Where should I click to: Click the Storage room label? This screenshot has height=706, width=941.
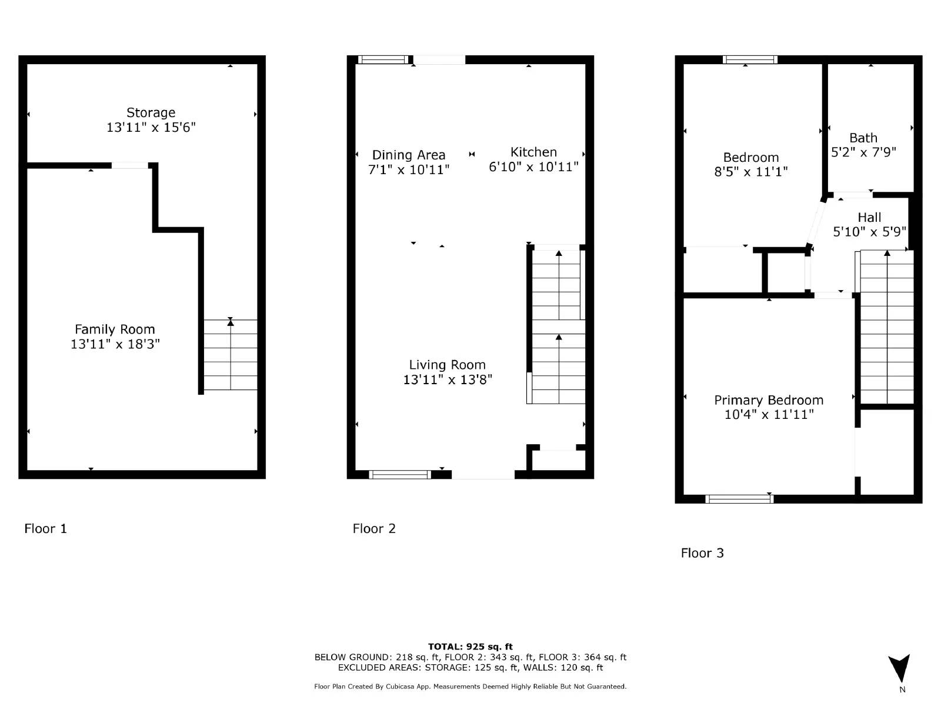151,112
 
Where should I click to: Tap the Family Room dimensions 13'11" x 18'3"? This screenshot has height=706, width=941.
115,344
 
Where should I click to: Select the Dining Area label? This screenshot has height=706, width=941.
409,155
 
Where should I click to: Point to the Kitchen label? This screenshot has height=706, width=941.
533,152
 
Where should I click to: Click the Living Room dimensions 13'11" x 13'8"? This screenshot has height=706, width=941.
447,379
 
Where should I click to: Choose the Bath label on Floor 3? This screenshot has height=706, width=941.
863,138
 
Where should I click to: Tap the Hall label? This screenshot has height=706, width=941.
869,217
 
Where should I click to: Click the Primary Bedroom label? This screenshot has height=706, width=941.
768,400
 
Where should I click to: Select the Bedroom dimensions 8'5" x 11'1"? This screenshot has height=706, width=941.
750,172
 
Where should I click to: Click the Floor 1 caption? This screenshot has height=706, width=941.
46,528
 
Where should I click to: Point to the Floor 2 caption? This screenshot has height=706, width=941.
374,528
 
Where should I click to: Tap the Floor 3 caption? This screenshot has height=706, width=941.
702,553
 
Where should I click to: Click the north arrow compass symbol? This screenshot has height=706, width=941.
900,670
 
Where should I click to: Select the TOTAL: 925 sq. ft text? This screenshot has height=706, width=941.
470,647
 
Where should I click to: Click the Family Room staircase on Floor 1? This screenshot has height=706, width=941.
231,355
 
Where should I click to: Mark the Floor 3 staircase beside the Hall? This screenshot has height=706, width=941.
887,327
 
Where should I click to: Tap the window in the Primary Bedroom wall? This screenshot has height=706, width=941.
739,499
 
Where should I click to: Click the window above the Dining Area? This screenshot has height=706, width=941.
383,59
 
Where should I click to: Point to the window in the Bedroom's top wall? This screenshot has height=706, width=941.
750,59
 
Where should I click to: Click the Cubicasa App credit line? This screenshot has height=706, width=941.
470,687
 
